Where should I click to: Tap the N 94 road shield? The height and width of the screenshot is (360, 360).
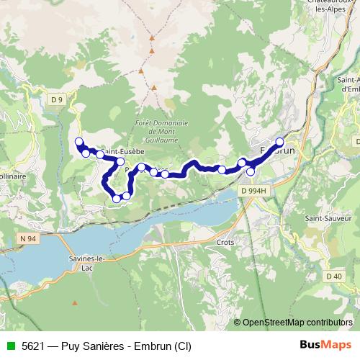[27, 237]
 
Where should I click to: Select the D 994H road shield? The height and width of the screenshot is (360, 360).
[253, 190]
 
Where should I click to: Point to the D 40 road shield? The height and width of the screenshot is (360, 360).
[333, 275]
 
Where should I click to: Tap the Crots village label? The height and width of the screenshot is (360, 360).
[225, 243]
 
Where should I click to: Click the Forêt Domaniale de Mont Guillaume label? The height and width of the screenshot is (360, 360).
[161, 132]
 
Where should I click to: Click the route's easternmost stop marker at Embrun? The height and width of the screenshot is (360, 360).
[280, 142]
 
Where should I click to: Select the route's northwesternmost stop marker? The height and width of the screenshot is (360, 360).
[78, 142]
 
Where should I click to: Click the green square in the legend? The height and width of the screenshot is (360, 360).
[10, 346]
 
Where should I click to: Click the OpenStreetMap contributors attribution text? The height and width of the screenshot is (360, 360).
[297, 323]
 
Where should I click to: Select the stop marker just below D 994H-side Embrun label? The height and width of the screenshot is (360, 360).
[251, 171]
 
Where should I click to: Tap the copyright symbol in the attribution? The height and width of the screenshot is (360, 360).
[238, 323]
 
